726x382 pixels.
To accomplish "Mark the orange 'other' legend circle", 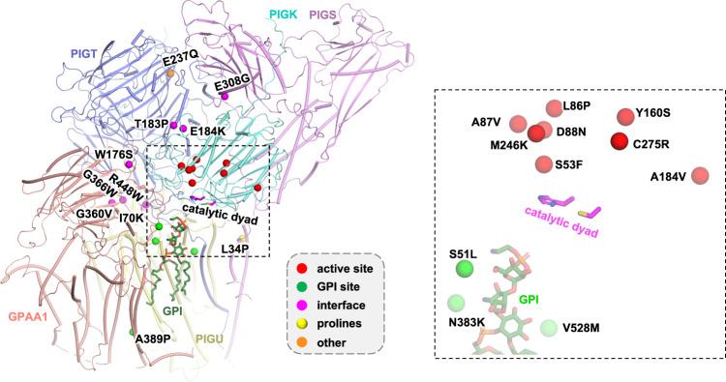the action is pos(303,343).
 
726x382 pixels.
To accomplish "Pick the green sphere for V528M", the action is pos(550,328).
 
